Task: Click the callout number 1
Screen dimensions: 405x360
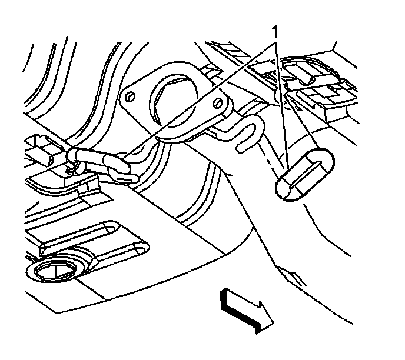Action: pyautogui.click(x=274, y=31)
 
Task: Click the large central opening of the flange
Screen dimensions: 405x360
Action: pyautogui.click(x=177, y=95)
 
